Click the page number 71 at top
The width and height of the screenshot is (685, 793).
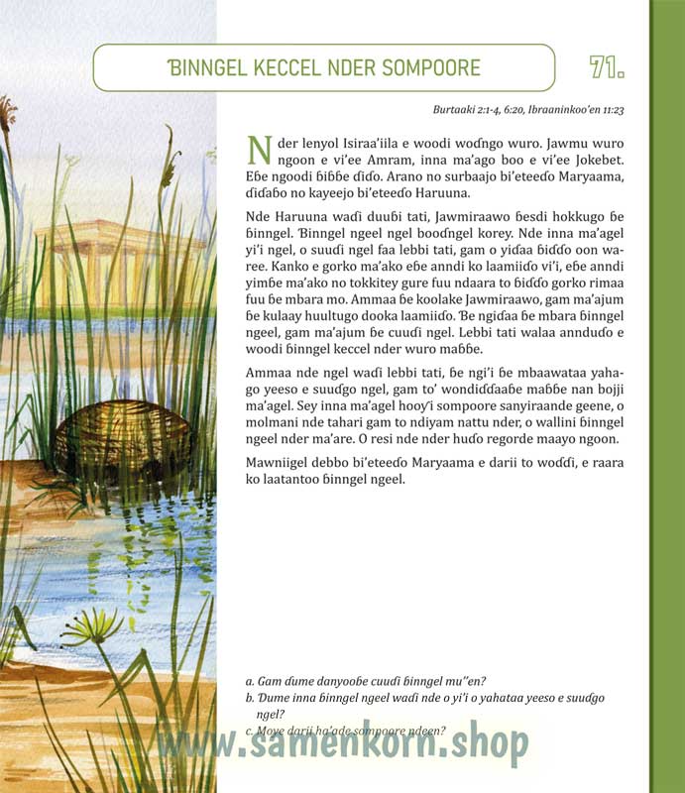pos(606,67)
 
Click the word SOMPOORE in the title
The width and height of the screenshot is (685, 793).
pos(429,68)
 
